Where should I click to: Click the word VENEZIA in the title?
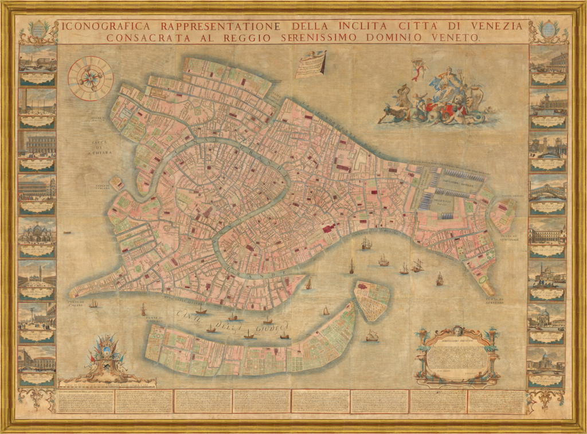[x=497, y=26]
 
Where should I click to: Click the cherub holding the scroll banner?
[x=312, y=56]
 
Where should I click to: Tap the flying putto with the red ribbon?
[x=418, y=69]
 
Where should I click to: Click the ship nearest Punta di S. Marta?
[x=93, y=303]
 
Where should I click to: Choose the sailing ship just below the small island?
[x=372, y=336]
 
